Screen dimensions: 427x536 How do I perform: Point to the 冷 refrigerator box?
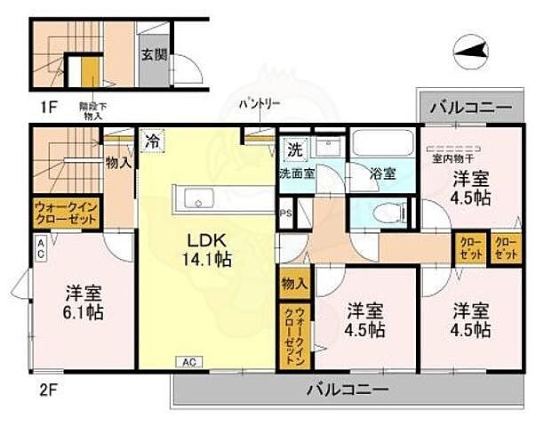click(x=153, y=140)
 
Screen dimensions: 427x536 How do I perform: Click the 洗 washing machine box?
click(x=293, y=147)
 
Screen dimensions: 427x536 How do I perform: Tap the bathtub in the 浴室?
click(x=378, y=146)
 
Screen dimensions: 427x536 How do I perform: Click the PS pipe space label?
click(x=285, y=213)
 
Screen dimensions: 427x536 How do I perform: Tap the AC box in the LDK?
click(x=190, y=361)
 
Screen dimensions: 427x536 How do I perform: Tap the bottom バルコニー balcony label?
click(x=348, y=389)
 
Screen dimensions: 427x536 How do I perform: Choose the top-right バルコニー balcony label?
click(x=471, y=108)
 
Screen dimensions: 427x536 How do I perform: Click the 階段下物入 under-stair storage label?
click(x=94, y=109)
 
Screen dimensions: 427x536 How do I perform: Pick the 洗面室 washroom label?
click(x=295, y=173)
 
